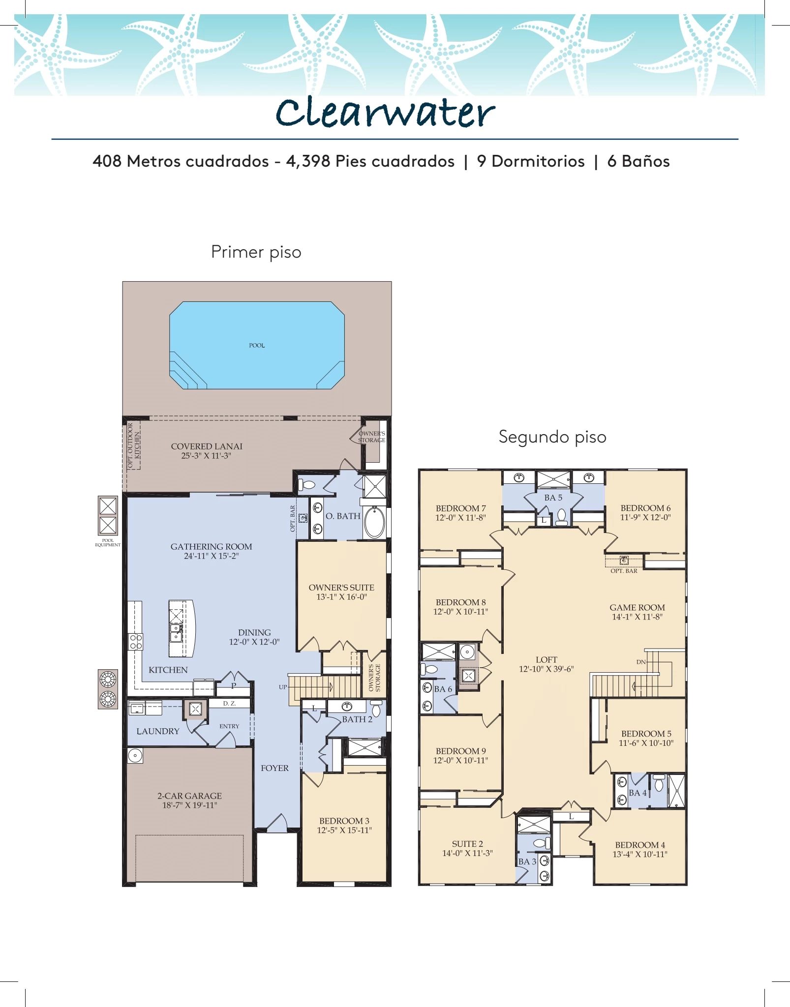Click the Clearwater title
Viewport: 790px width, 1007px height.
385,113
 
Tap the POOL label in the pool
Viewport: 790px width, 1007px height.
257,346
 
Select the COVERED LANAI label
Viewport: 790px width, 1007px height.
207,446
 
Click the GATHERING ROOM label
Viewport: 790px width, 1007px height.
212,547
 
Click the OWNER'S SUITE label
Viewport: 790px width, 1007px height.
341,588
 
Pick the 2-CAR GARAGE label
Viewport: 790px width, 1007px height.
189,796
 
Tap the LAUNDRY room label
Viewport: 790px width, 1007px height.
158,731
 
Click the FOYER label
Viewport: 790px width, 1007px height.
274,768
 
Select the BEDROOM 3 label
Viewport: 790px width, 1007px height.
344,821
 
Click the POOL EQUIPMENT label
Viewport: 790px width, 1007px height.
108,542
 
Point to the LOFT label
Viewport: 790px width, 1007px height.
547,660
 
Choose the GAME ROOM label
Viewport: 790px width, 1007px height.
637,608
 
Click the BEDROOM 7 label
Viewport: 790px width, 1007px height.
460,508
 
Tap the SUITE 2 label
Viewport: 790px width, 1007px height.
467,844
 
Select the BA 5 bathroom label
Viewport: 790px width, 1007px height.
553,498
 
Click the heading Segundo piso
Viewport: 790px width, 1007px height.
552,437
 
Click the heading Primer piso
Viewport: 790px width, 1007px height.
256,252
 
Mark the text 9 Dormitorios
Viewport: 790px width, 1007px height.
531,161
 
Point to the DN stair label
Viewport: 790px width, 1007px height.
640,662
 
